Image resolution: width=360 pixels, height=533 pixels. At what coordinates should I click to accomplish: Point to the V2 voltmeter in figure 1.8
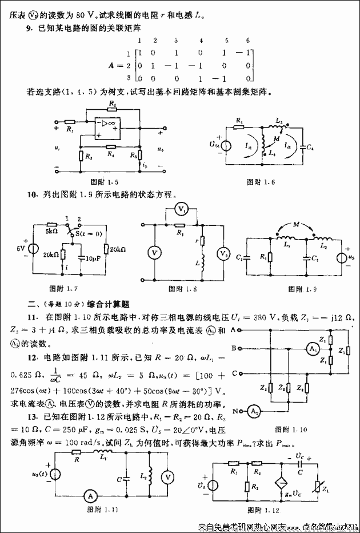pos(223,253)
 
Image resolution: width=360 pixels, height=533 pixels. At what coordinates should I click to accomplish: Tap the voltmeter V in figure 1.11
pos(165,475)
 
